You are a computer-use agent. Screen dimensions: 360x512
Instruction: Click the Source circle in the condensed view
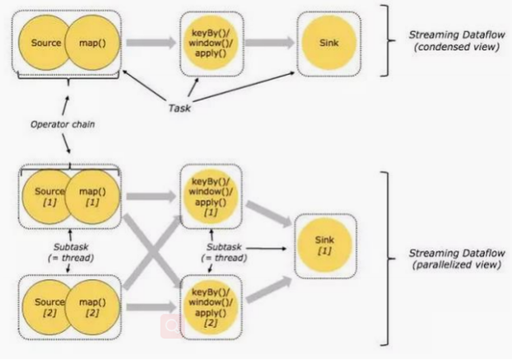coord(44,41)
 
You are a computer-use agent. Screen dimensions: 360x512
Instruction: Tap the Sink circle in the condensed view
coord(326,39)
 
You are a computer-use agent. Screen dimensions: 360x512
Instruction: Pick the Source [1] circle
coord(44,197)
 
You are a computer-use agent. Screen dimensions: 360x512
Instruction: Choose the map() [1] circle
coord(92,197)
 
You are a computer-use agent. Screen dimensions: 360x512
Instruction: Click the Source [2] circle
coord(44,306)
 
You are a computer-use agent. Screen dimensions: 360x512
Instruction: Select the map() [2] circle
coord(92,306)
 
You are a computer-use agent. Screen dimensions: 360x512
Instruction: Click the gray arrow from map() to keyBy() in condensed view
coord(153,41)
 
